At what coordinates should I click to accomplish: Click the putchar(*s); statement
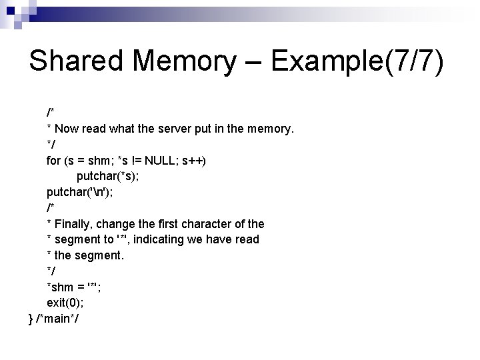(109, 176)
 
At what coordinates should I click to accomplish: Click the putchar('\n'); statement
(79, 192)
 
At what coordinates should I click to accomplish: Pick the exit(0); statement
(63, 303)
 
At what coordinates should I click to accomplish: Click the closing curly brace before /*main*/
(31, 319)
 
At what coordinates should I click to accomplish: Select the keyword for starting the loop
(53, 161)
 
